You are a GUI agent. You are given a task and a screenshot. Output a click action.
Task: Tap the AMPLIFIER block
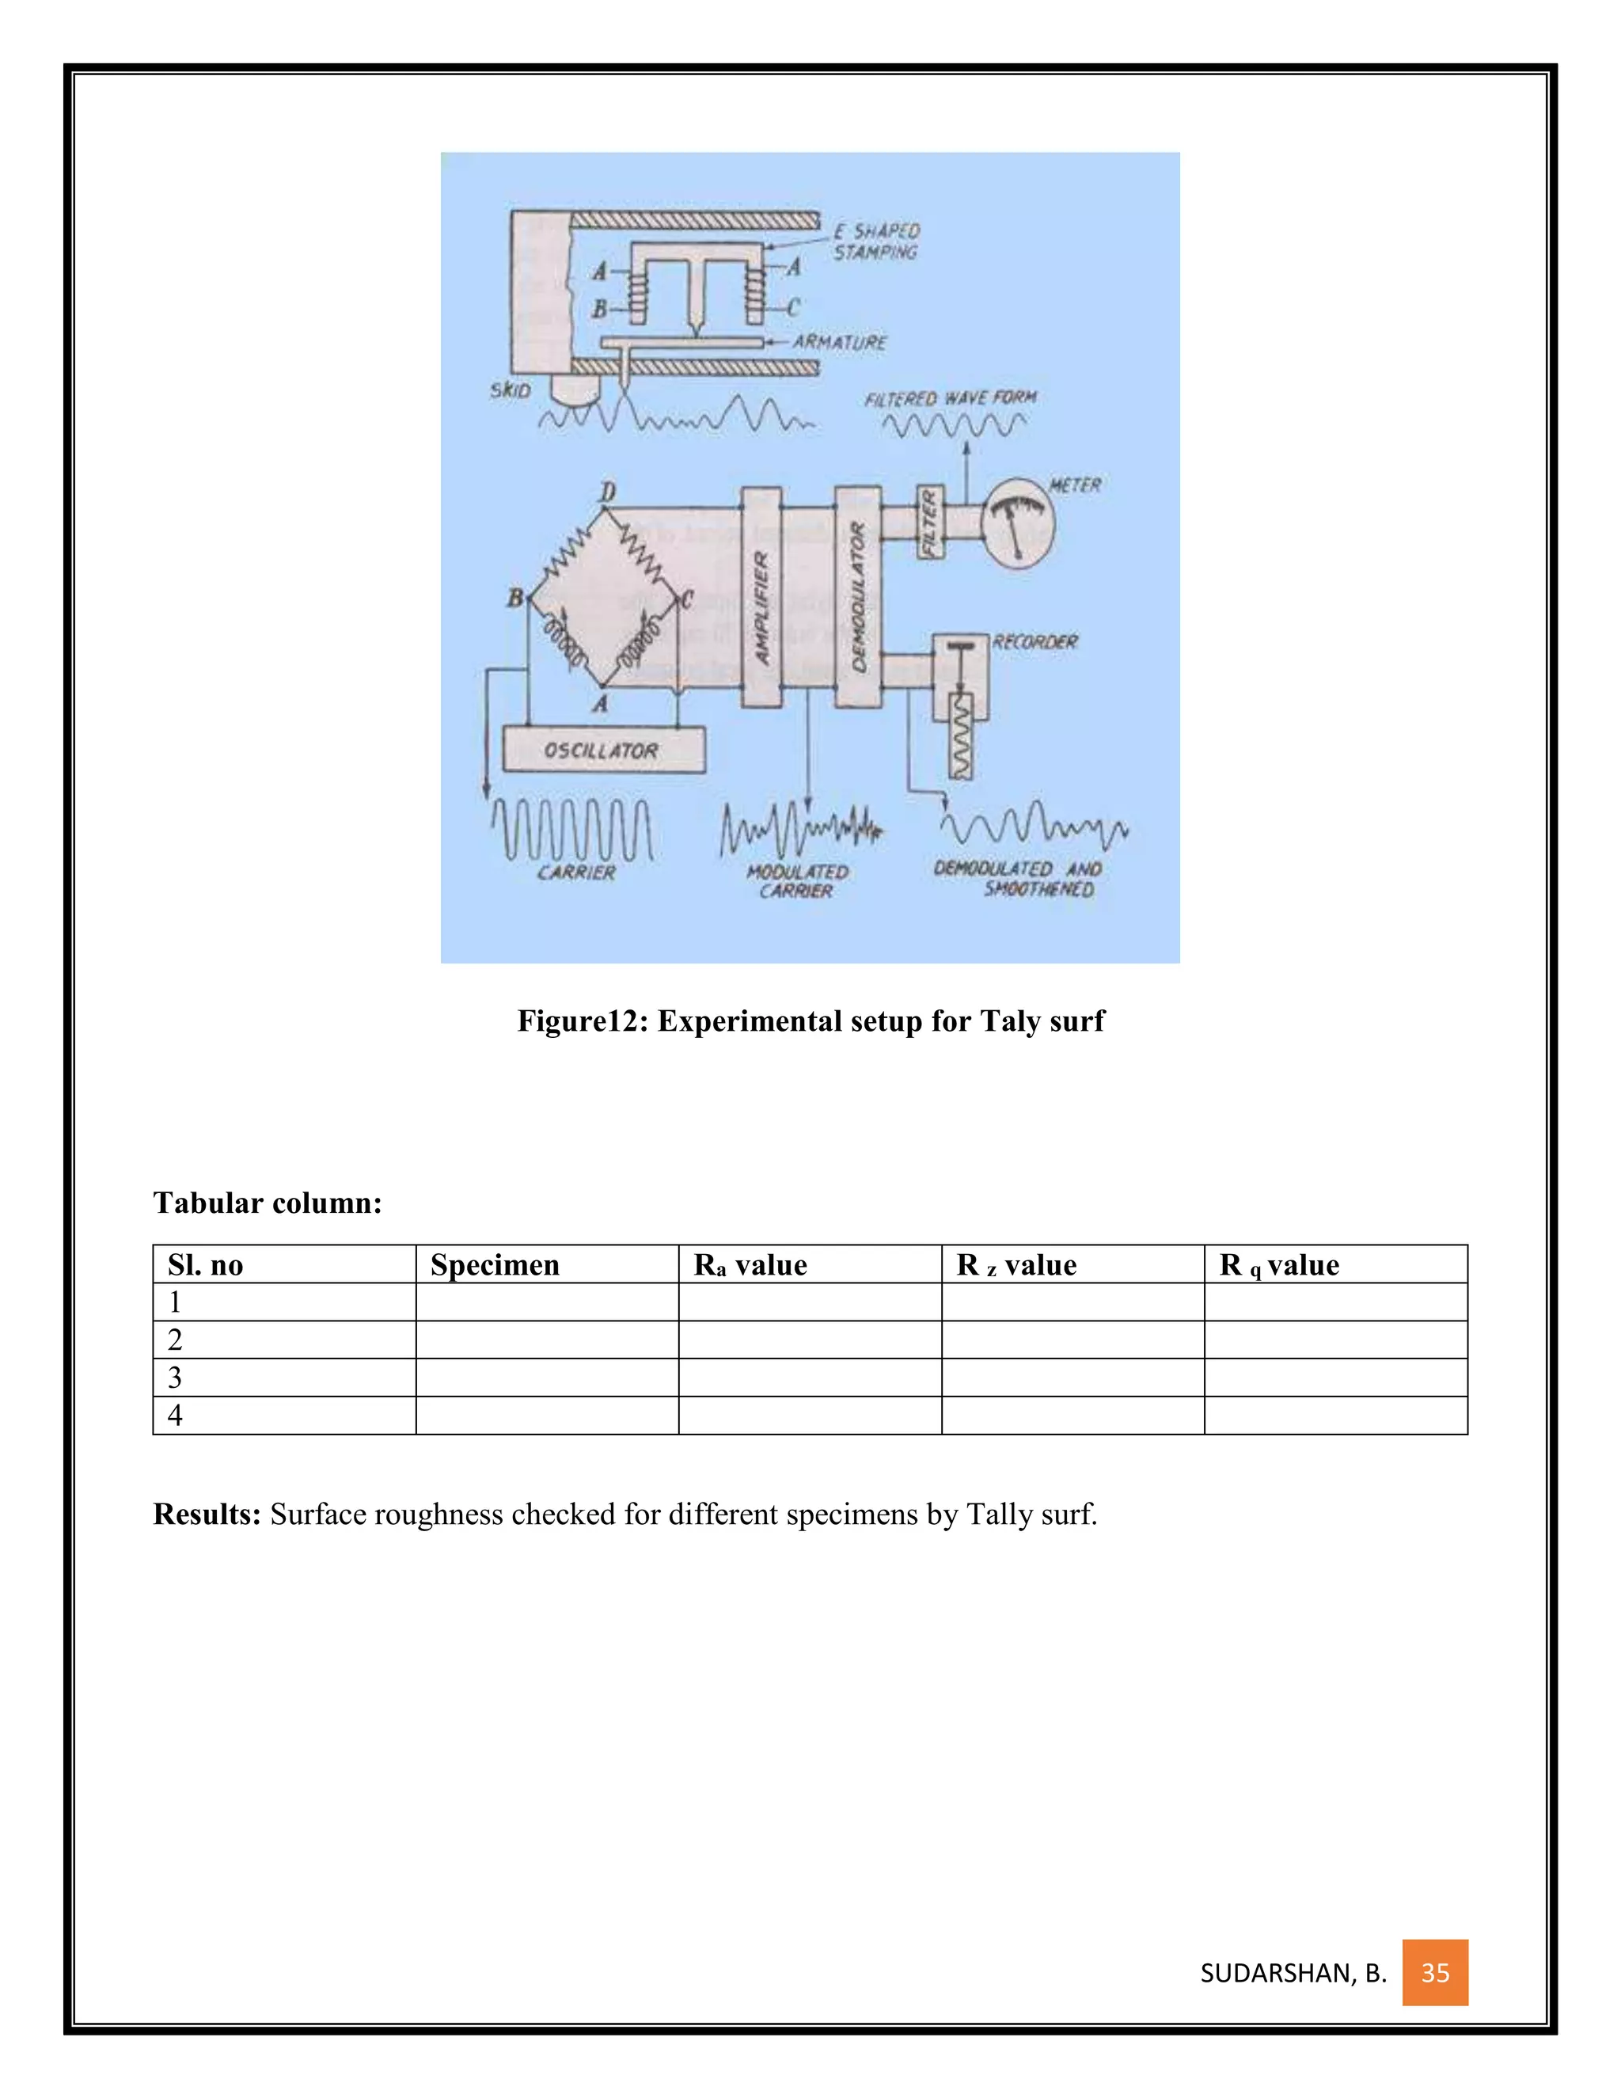[761, 598]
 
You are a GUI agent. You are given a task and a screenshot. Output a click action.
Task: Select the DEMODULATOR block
[857, 598]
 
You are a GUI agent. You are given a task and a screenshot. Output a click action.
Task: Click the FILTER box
[929, 522]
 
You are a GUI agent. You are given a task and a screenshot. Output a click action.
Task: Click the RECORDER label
[1034, 642]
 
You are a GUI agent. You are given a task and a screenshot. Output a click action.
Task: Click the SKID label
[510, 390]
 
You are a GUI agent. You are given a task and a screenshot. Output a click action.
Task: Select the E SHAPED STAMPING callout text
[876, 241]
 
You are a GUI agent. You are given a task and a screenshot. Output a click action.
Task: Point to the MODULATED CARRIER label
[797, 881]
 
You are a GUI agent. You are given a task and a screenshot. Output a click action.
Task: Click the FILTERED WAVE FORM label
[950, 397]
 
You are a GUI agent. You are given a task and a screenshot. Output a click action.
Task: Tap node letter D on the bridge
[607, 492]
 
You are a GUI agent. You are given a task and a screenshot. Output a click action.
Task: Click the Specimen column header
[495, 1265]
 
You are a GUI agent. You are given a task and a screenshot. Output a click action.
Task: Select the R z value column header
[1016, 1265]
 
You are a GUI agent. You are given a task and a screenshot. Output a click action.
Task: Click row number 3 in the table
[175, 1378]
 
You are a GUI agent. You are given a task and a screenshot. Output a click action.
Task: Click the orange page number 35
[1435, 1973]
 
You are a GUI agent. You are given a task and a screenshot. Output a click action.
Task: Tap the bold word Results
[207, 1514]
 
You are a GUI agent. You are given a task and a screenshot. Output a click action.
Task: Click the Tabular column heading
[267, 1203]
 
